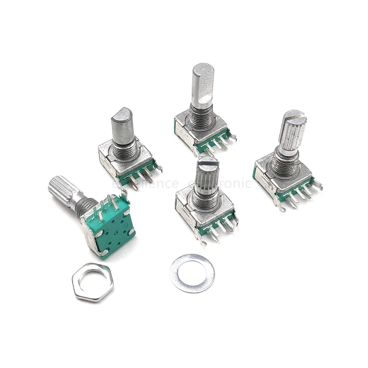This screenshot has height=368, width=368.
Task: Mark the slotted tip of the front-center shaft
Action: [207, 161]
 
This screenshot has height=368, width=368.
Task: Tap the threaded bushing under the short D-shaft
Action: [125, 147]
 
